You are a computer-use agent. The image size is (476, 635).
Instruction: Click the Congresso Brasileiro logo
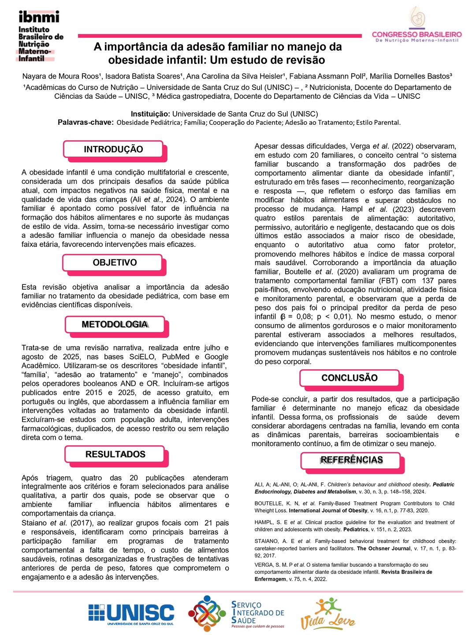(x=416, y=26)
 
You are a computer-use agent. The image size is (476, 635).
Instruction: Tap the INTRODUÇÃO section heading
(x=113, y=149)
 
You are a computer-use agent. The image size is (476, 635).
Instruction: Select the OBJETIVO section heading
(x=115, y=262)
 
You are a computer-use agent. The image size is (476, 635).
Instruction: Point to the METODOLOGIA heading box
(x=115, y=325)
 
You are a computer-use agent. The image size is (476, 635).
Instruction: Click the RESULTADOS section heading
(x=115, y=454)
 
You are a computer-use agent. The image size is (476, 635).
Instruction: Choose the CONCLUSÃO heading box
(x=350, y=378)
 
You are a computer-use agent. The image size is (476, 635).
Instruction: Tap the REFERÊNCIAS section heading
(x=351, y=460)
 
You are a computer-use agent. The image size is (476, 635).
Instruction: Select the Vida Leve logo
(x=327, y=614)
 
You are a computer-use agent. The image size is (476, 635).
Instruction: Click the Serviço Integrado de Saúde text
(x=257, y=613)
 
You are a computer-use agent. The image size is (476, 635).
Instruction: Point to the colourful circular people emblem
(x=207, y=613)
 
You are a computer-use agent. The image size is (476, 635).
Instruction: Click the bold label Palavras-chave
(x=86, y=123)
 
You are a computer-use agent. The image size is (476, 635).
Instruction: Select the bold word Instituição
(x=150, y=114)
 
